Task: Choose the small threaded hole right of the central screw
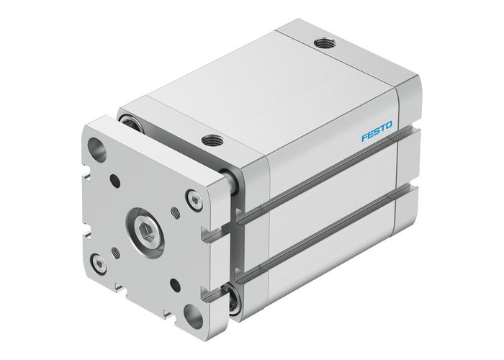176,214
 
